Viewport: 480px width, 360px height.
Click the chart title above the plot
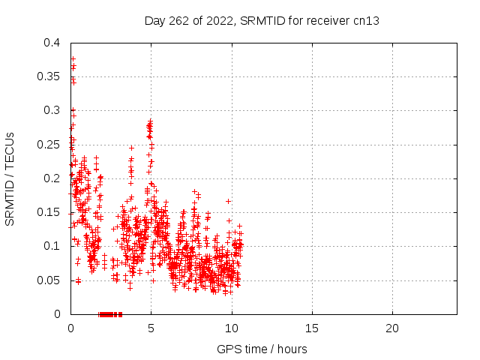pyautogui.click(x=262, y=21)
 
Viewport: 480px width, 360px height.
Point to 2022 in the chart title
pyautogui.click(x=220, y=21)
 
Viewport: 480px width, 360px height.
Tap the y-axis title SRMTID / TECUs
pyautogui.click(x=10, y=179)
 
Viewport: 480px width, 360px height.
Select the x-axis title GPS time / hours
pyautogui.click(x=262, y=349)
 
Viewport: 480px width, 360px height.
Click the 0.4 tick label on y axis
pyautogui.click(x=52, y=43)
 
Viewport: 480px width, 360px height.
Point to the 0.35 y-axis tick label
pyautogui.click(x=48, y=76)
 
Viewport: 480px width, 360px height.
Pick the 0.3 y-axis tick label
pyautogui.click(x=52, y=110)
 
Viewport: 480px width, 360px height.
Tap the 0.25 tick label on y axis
pyautogui.click(x=48, y=145)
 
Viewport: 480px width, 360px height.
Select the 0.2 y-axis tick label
pyautogui.click(x=52, y=178)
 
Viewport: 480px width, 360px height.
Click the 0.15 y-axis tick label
pyautogui.click(x=48, y=212)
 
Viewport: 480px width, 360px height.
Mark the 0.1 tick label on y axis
pyautogui.click(x=52, y=246)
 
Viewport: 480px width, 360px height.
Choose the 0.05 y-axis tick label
pyautogui.click(x=48, y=280)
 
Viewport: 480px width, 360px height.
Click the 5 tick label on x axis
pyautogui.click(x=151, y=328)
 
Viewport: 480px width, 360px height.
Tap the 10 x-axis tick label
pyautogui.click(x=232, y=328)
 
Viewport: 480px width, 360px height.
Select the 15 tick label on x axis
pyautogui.click(x=312, y=328)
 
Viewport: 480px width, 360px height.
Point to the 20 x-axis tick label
pyautogui.click(x=392, y=328)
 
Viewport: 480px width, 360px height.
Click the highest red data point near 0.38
pyautogui.click(x=73, y=58)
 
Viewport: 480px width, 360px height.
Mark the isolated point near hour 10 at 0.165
pyautogui.click(x=228, y=201)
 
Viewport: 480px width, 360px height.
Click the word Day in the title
pyautogui.click(x=154, y=22)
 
